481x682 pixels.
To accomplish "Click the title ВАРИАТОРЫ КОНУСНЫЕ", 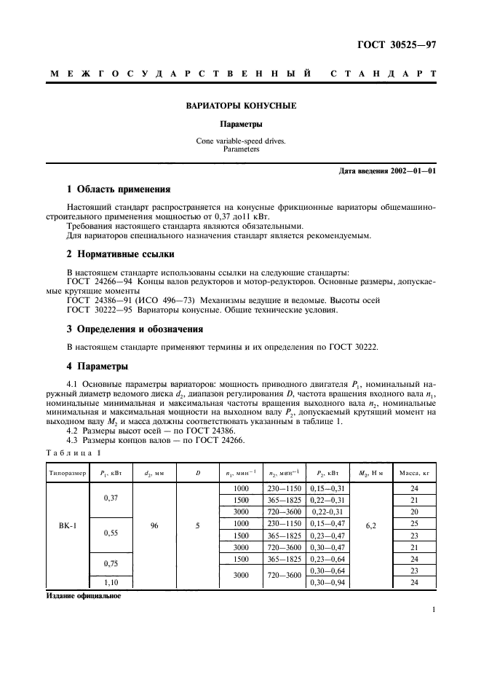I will [240, 106].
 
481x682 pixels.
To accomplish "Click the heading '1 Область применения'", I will [118, 189].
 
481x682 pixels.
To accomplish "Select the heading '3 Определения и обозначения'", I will [135, 329].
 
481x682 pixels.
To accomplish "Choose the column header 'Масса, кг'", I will [415, 473].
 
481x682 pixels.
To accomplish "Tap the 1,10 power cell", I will [111, 582].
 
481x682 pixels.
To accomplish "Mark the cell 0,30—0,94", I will [328, 582].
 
